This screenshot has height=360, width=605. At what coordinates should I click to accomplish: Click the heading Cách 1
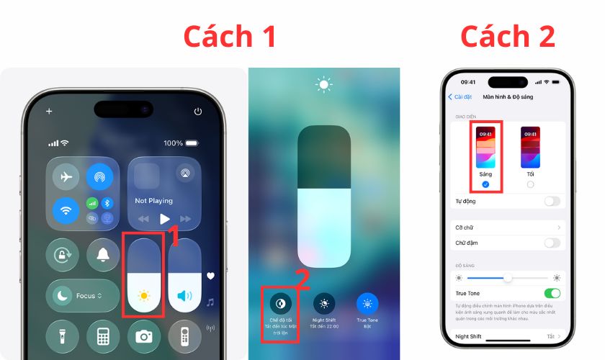pyautogui.click(x=229, y=37)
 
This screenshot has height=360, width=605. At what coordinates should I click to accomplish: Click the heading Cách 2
pyautogui.click(x=508, y=36)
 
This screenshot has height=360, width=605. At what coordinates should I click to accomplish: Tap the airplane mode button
pyautogui.click(x=67, y=177)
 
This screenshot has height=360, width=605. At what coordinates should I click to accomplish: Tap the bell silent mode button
pyautogui.click(x=103, y=253)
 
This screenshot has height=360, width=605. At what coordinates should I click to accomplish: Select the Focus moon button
pyautogui.click(x=63, y=295)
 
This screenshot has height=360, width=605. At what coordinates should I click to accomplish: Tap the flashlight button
pyautogui.click(x=63, y=336)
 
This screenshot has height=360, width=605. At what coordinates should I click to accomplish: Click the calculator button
pyautogui.click(x=103, y=336)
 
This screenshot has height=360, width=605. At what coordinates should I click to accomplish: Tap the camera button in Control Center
pyautogui.click(x=144, y=336)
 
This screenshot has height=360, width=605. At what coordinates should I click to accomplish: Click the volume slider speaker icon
pyautogui.click(x=184, y=295)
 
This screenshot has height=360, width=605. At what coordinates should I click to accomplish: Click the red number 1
pyautogui.click(x=173, y=235)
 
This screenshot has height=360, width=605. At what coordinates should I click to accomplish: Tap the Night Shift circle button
pyautogui.click(x=324, y=303)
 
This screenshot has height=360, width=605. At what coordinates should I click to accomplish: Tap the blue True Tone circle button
pyautogui.click(x=367, y=303)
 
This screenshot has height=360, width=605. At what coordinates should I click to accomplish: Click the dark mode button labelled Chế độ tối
pyautogui.click(x=282, y=303)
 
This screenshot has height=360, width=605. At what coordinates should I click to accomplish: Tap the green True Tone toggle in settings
pyautogui.click(x=552, y=293)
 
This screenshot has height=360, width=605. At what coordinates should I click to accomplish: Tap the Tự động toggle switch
pyautogui.click(x=552, y=201)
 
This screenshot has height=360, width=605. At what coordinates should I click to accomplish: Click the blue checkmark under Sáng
pyautogui.click(x=485, y=185)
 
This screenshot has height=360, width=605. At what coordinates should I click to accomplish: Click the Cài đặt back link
pyautogui.click(x=461, y=96)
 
